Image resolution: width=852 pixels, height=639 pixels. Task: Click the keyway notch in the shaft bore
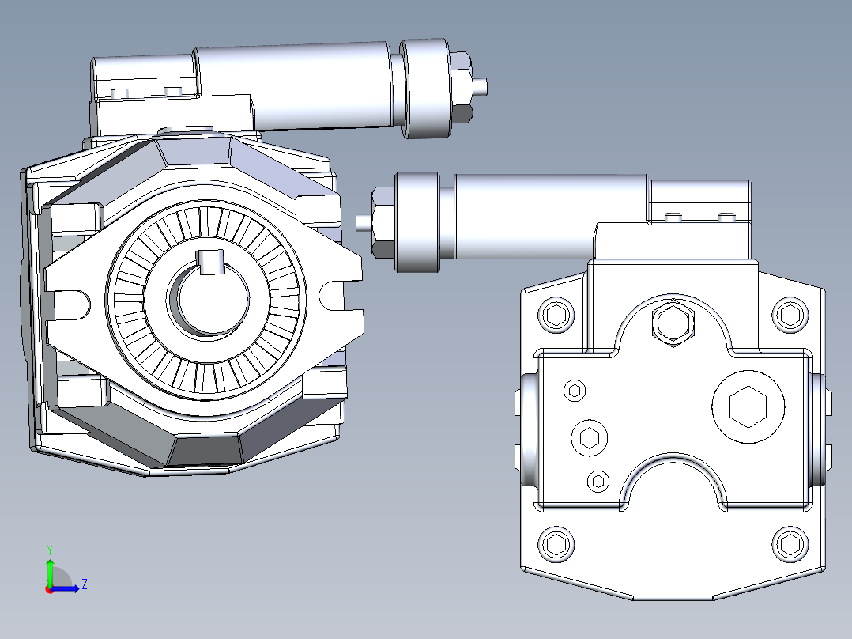pyautogui.click(x=209, y=262)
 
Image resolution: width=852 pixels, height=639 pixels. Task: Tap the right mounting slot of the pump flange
pyautogui.click(x=332, y=297)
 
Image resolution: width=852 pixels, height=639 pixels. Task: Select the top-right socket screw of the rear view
pyautogui.click(x=789, y=314)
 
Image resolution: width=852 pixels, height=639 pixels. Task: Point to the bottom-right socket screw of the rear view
pyautogui.click(x=789, y=544)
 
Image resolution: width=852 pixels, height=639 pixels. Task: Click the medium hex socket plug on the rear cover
pyautogui.click(x=590, y=438)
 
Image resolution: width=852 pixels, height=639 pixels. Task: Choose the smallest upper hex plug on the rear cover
pyautogui.click(x=575, y=390)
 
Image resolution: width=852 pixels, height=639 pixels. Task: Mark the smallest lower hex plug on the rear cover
pyautogui.click(x=598, y=481)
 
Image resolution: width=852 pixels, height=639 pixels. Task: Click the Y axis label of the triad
pyautogui.click(x=49, y=549)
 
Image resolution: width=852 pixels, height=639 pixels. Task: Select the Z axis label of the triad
pyautogui.click(x=84, y=584)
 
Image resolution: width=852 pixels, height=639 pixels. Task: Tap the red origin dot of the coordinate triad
pyautogui.click(x=49, y=588)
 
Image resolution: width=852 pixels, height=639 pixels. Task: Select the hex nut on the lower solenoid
pyautogui.click(x=383, y=222)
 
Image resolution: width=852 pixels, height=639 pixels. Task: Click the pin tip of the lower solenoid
pyautogui.click(x=362, y=222)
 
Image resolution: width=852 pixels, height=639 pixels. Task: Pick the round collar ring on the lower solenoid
pyautogui.click(x=417, y=222)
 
